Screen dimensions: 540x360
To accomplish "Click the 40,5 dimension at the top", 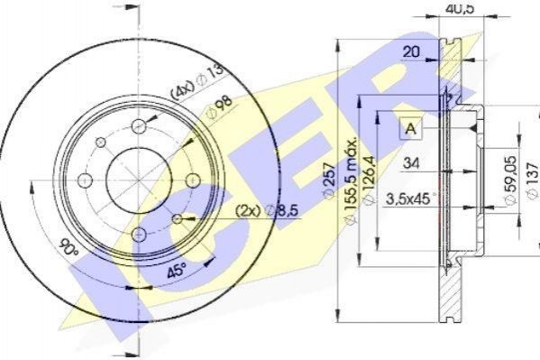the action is pos(460,7).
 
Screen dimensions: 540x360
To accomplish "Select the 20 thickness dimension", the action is pos(411,51).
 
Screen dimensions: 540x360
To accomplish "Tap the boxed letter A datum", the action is pos(411,129).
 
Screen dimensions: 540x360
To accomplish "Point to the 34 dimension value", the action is pos(411,162).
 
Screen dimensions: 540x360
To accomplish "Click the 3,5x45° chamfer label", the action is pos(410,199).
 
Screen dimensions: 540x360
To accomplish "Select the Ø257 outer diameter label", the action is pos(329,180).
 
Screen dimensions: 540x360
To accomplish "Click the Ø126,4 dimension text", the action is pos(370,180).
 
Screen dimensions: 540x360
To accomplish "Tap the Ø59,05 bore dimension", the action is pos(510,180).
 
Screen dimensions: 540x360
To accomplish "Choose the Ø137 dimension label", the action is pos(533,180).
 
